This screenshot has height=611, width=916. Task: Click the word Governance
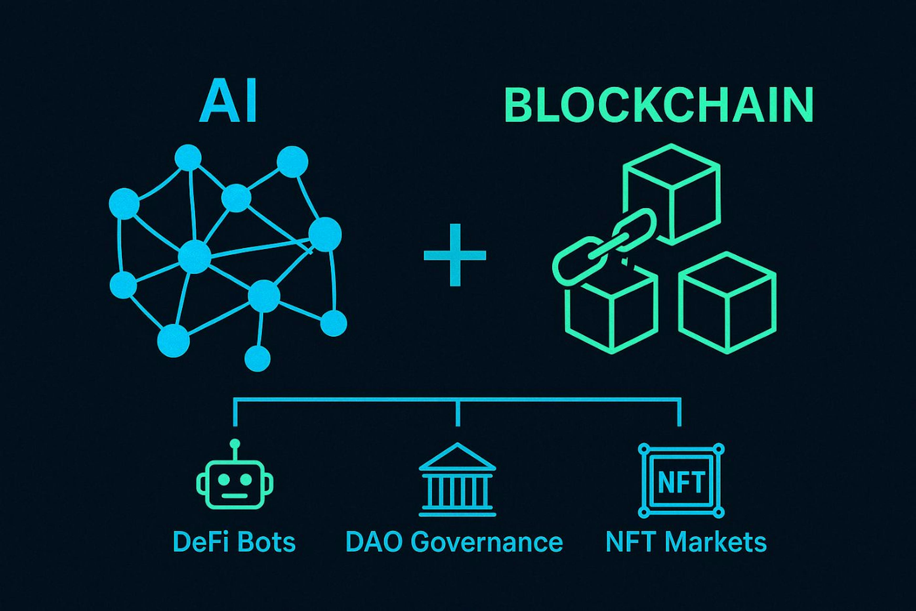point(482,543)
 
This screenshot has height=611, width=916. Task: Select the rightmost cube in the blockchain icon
point(727,304)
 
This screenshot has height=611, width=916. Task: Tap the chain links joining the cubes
point(604,249)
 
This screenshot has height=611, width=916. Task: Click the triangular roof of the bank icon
point(458,456)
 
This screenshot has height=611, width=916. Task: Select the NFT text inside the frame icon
point(681,482)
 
